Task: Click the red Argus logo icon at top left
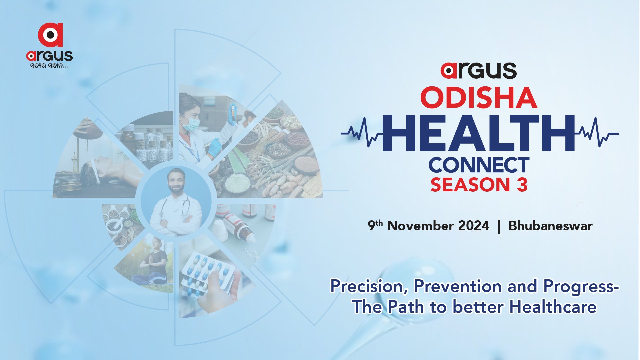[x=50, y=35]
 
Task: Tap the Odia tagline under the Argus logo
[x=49, y=66]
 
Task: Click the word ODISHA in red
[x=479, y=98]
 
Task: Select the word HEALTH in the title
[x=479, y=133]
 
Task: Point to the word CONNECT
[x=479, y=165]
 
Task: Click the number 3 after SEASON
[x=522, y=185]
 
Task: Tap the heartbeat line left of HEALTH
[x=362, y=133]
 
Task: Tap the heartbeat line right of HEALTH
[x=597, y=133]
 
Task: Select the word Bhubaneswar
[x=550, y=226]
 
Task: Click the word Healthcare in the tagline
[x=553, y=307]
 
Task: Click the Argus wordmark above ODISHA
[x=479, y=71]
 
